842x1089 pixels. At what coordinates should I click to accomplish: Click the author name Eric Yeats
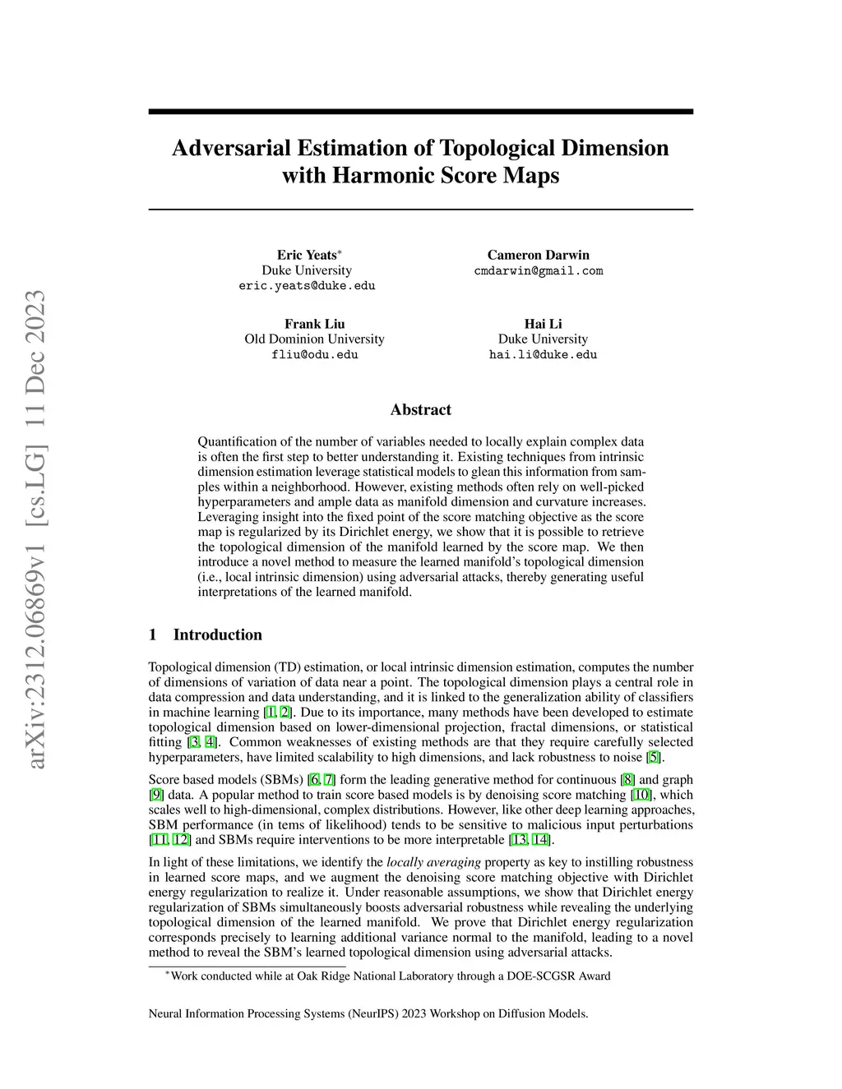306,255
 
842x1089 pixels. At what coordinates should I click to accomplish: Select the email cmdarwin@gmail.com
539,270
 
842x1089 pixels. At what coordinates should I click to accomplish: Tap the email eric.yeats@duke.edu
307,286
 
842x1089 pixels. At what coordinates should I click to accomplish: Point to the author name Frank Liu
314,324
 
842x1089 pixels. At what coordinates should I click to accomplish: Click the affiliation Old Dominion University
314,339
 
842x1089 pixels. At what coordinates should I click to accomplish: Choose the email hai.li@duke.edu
543,354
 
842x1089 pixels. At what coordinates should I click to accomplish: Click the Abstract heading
420,409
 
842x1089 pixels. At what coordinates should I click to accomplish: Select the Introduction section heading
217,634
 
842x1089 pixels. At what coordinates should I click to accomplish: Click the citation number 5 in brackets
654,757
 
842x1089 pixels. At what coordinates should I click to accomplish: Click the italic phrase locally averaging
433,862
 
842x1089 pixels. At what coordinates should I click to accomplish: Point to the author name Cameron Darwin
539,255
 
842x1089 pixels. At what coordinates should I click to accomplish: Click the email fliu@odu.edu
314,354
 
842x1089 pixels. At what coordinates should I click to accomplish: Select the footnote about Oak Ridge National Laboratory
390,976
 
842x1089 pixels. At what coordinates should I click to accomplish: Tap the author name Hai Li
543,324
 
